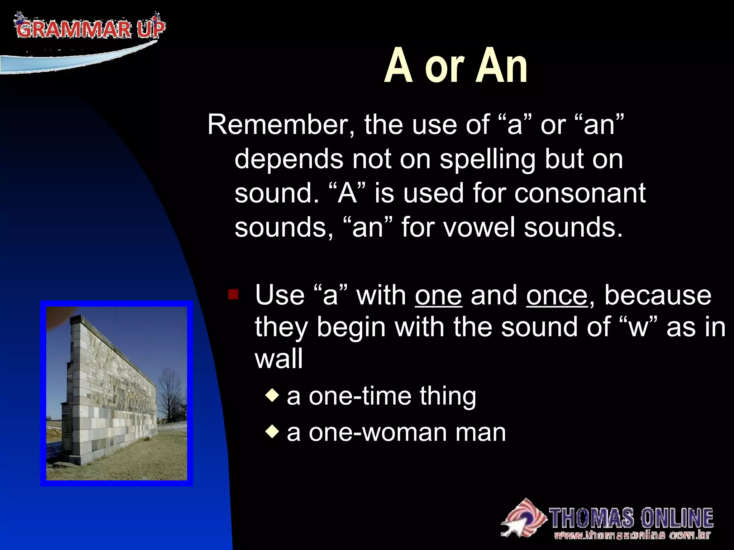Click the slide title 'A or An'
(x=456, y=66)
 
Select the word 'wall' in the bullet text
(x=279, y=359)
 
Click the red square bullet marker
(x=233, y=294)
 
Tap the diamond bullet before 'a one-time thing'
(x=272, y=396)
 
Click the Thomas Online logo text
(x=631, y=518)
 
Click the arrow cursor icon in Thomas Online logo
(x=516, y=526)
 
